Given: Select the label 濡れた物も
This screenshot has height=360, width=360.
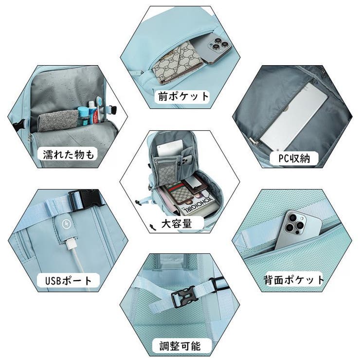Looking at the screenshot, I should click(68, 155).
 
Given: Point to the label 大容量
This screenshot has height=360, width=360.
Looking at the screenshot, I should click(176, 224).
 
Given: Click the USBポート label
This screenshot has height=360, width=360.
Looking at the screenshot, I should click(68, 281).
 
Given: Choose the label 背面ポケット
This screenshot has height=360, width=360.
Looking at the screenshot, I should click(293, 280).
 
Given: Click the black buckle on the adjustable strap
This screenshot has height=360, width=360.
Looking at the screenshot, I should click(184, 295).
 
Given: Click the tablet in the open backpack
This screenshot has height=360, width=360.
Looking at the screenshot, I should click(168, 148).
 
